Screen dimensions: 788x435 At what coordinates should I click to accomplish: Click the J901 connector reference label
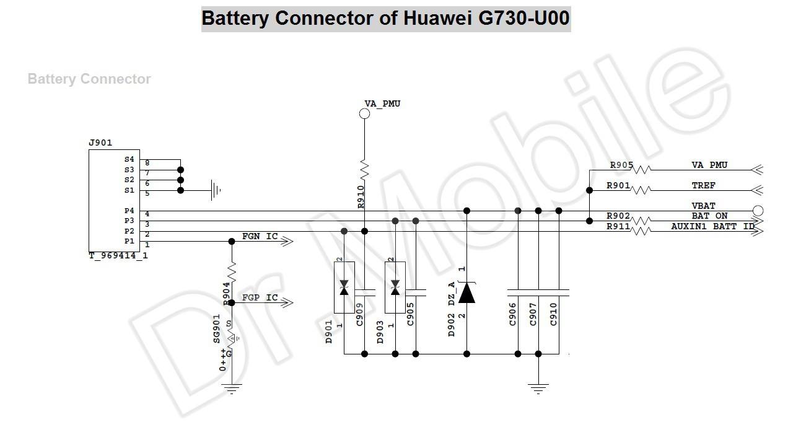pyautogui.click(x=100, y=143)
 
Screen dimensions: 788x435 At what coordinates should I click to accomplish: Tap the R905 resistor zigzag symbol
pyautogui.click(x=641, y=170)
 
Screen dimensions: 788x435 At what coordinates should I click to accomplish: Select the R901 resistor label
pyautogui.click(x=618, y=185)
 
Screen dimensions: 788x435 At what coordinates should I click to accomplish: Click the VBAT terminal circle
pyautogui.click(x=758, y=211)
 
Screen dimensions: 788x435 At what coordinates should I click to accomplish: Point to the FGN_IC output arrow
pyautogui.click(x=287, y=242)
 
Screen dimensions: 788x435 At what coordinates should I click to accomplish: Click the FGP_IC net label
pyautogui.click(x=260, y=297)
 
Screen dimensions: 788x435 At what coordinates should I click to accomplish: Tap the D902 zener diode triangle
pyautogui.click(x=467, y=292)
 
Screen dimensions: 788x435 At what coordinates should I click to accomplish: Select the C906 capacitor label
pyautogui.click(x=512, y=314)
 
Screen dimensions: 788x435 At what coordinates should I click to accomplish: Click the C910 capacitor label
pyautogui.click(x=553, y=314)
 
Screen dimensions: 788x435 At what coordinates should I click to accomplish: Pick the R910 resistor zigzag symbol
pyautogui.click(x=364, y=170)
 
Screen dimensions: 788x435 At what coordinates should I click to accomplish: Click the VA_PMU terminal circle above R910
pyautogui.click(x=364, y=113)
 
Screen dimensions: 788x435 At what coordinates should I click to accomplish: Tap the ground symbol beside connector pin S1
pyautogui.click(x=216, y=190)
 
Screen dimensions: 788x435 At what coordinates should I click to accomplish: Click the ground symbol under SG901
pyautogui.click(x=232, y=389)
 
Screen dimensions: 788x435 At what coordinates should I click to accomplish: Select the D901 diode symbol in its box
pyautogui.click(x=344, y=288)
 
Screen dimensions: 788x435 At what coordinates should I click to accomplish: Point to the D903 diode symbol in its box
pyautogui.click(x=395, y=288)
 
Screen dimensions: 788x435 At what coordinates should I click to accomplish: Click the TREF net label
pyautogui.click(x=704, y=185)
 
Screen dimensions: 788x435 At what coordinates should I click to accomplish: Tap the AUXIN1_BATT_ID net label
pyautogui.click(x=712, y=226)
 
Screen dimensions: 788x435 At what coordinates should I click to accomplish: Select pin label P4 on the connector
pyautogui.click(x=129, y=211)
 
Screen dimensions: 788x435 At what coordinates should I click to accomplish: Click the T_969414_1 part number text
pyautogui.click(x=118, y=256)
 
